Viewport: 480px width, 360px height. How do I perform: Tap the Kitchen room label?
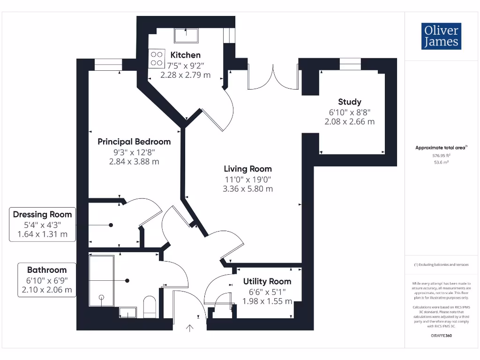click(x=185, y=55)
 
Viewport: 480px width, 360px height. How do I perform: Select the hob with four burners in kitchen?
click(x=155, y=59)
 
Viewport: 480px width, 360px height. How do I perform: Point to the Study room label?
click(x=350, y=102)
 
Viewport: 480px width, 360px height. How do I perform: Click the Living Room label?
click(x=247, y=169)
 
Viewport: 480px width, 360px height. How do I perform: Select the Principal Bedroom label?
click(x=134, y=142)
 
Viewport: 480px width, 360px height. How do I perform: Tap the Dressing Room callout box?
click(x=43, y=225)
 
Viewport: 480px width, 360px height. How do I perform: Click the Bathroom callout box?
click(x=47, y=280)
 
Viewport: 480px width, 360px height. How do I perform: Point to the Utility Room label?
click(x=267, y=281)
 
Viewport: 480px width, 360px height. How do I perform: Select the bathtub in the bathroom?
click(x=101, y=280)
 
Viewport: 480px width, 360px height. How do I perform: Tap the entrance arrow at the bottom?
click(x=190, y=328)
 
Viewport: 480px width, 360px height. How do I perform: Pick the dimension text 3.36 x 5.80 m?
click(x=247, y=189)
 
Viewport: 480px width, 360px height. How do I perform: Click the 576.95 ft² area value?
click(x=441, y=155)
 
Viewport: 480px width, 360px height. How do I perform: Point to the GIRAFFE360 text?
click(x=441, y=336)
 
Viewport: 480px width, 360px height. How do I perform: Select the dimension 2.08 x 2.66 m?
click(x=350, y=121)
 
